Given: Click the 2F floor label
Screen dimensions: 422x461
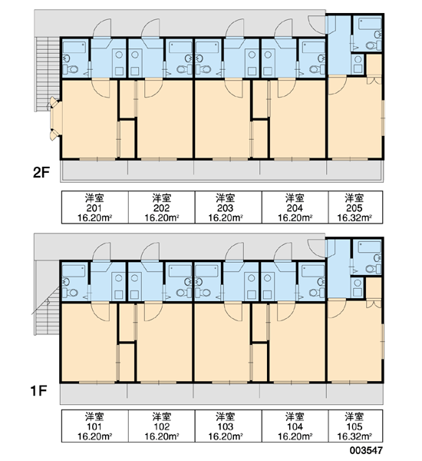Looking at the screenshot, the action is coord(41,172).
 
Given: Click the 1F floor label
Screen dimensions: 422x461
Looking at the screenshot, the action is coord(39,391).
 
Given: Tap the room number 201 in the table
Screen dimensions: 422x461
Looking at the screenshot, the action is coord(94,208).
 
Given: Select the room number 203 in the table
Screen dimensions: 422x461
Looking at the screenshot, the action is coord(226,208).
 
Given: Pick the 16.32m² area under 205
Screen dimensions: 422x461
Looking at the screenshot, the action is coord(354,218).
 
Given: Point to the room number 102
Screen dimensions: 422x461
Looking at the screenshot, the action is coord(162,426).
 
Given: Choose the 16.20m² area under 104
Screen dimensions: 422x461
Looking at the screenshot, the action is coord(295,436).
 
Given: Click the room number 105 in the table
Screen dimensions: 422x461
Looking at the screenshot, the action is coord(354,426).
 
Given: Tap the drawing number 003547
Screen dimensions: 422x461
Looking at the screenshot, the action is coord(366,450).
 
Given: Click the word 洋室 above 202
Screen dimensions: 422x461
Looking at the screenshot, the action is coord(162,198).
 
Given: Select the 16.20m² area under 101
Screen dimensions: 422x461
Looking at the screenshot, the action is coord(94,436).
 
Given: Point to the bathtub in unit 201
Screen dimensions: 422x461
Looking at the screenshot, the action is coord(75,47).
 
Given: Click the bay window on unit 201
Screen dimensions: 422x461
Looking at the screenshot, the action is coord(55,118).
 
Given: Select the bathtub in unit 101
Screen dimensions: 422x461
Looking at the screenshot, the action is coord(74,271).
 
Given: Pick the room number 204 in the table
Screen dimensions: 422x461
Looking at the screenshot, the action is coord(295,208).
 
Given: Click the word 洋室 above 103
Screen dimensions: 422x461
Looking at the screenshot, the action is coord(226,416).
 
